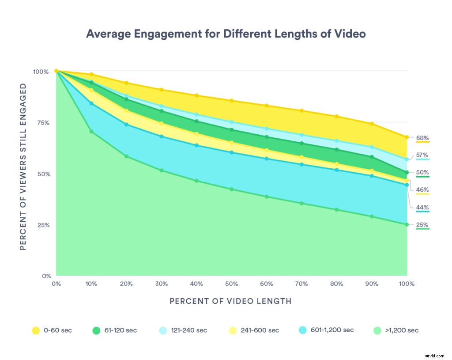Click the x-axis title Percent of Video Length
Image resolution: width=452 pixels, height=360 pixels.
coord(230,301)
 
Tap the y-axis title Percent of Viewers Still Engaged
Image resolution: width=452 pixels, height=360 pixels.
coord(23,173)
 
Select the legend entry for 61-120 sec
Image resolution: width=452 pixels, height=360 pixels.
coord(114,330)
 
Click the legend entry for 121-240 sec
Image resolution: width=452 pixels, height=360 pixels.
coord(182,330)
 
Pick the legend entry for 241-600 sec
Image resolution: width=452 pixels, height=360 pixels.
coord(254,330)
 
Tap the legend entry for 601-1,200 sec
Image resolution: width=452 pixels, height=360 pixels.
coord(326,330)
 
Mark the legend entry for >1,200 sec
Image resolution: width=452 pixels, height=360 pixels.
coord(395,330)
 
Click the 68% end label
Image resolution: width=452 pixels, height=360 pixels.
coord(422,138)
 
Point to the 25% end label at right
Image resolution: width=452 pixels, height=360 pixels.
coord(422,225)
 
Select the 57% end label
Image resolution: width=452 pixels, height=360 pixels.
coord(422,155)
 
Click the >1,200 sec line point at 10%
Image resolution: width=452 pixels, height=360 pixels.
coord(91,132)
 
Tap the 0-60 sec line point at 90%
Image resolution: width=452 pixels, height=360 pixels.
coord(372,124)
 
